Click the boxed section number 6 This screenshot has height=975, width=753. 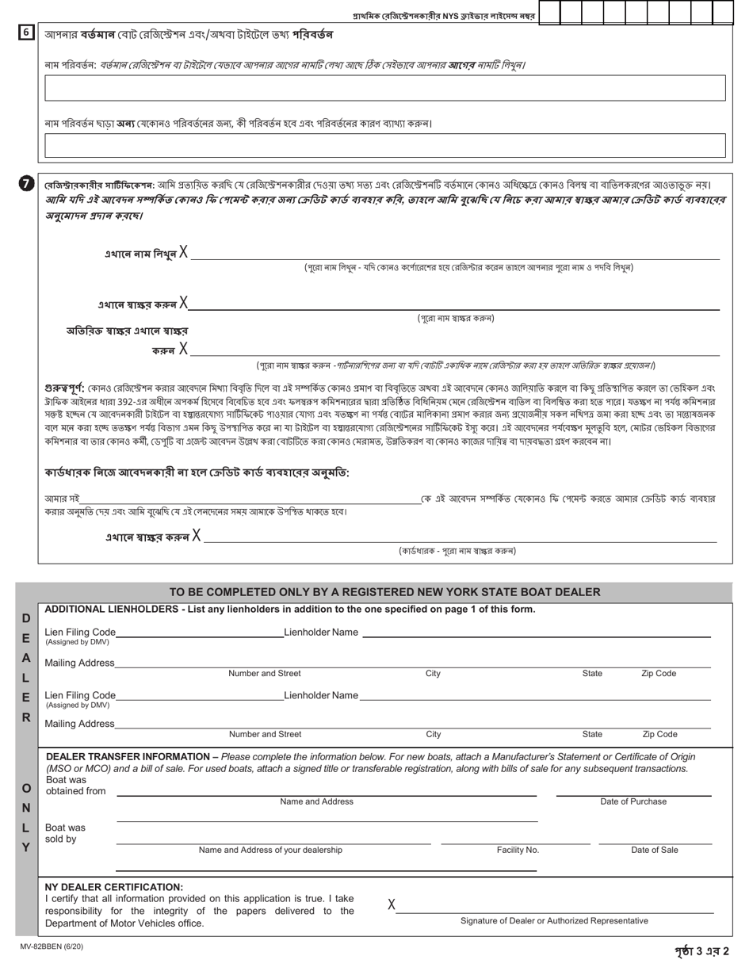pyautogui.click(x=26, y=33)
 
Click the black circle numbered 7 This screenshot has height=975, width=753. pyautogui.click(x=26, y=184)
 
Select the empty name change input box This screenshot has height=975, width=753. pyautogui.click(x=385, y=88)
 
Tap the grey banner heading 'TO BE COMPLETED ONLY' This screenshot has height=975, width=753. pyautogui.click(x=384, y=592)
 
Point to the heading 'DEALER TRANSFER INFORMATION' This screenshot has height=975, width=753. pyautogui.click(x=130, y=756)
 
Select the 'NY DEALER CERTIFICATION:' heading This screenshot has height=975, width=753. pyautogui.click(x=114, y=886)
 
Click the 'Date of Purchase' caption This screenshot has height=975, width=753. pyautogui.click(x=633, y=801)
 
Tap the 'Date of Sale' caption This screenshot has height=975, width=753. pyautogui.click(x=654, y=850)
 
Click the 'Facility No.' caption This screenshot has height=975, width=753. pyautogui.click(x=518, y=850)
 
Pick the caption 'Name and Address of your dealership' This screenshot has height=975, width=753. pyautogui.click(x=270, y=850)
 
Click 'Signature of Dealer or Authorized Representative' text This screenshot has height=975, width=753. pyautogui.click(x=554, y=920)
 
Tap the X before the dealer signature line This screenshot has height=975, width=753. pyautogui.click(x=392, y=904)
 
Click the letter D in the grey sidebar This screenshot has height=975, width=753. pyautogui.click(x=26, y=617)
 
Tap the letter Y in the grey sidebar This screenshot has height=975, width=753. pyautogui.click(x=26, y=847)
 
